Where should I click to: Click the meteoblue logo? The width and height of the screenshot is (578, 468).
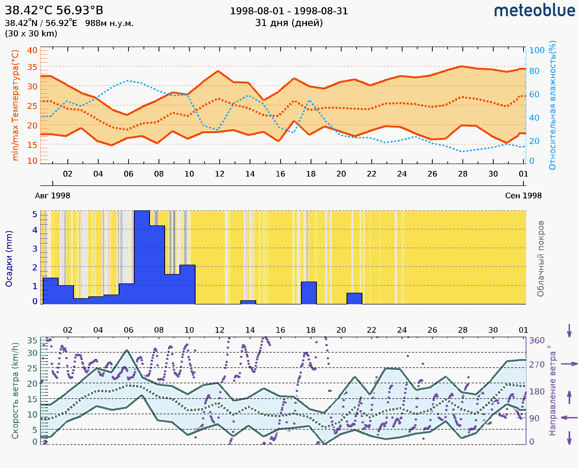[x=535, y=11]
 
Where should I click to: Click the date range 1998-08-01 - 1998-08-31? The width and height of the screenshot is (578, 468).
[x=289, y=11]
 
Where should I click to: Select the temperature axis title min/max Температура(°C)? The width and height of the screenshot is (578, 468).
[x=15, y=105]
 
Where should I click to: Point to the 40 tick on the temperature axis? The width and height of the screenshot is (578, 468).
[x=32, y=50]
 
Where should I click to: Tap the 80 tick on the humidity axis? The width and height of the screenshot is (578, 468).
[x=534, y=71]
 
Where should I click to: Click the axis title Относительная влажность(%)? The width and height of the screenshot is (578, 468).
[x=552, y=105]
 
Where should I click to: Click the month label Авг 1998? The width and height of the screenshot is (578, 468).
[x=52, y=196]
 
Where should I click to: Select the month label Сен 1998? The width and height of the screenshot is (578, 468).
[x=523, y=196]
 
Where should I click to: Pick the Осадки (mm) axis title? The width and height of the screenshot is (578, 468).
[x=9, y=259]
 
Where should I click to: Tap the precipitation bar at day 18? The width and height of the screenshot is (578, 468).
[x=309, y=293]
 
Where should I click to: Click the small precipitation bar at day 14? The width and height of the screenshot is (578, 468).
[x=248, y=302]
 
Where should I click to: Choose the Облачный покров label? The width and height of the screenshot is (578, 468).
[x=541, y=259]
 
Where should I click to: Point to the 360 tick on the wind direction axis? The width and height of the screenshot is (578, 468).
[x=537, y=341]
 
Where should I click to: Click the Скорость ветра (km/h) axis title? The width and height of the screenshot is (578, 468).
[x=15, y=391]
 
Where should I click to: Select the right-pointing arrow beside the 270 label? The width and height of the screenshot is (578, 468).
[x=569, y=364]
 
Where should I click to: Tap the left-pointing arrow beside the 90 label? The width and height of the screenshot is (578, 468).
[x=569, y=418]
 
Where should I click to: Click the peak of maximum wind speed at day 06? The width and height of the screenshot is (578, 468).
[x=127, y=350]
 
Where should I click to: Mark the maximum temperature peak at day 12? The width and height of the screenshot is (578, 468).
[x=218, y=71]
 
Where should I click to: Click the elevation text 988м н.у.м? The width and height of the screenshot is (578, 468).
[x=109, y=23]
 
